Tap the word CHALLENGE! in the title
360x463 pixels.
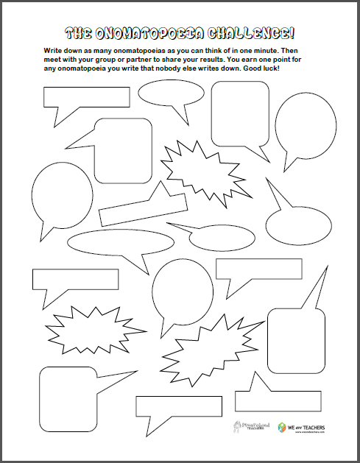pyautogui.click(x=249, y=33)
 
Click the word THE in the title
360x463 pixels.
pyautogui.click(x=79, y=33)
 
